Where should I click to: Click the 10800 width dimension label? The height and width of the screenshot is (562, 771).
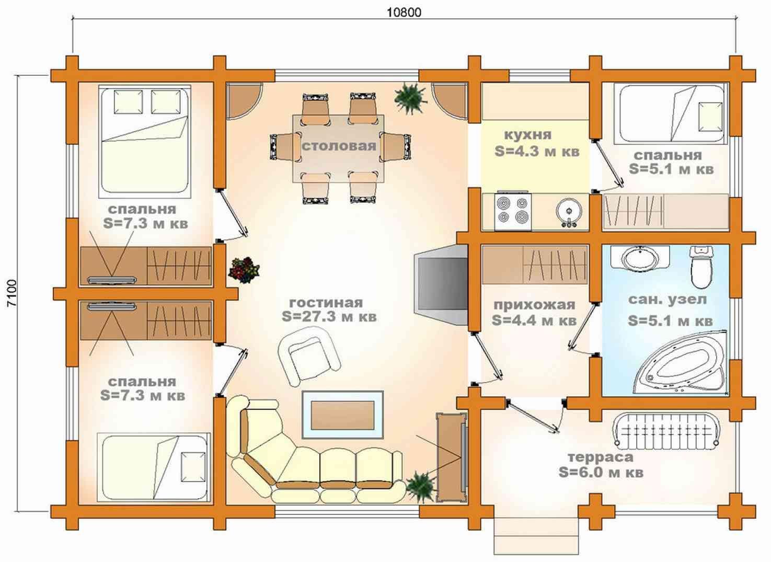click(404, 13)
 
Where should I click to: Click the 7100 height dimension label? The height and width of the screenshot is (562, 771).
click(11, 293)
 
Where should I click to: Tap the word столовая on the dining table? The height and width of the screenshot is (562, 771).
click(339, 146)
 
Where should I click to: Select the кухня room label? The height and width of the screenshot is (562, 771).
click(527, 134)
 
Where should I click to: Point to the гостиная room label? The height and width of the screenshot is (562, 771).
click(326, 303)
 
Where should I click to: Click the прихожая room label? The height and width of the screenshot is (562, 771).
click(534, 305)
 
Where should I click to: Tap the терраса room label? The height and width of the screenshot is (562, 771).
click(601, 457)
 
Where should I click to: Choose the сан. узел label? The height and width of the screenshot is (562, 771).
click(668, 300)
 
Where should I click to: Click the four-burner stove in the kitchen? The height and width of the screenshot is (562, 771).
click(513, 212)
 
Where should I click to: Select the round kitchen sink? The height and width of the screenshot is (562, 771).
click(569, 211)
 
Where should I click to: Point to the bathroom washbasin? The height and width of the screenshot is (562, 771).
click(640, 257)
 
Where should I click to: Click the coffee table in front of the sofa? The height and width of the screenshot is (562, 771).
click(342, 415)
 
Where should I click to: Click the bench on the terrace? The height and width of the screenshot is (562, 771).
click(666, 431)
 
